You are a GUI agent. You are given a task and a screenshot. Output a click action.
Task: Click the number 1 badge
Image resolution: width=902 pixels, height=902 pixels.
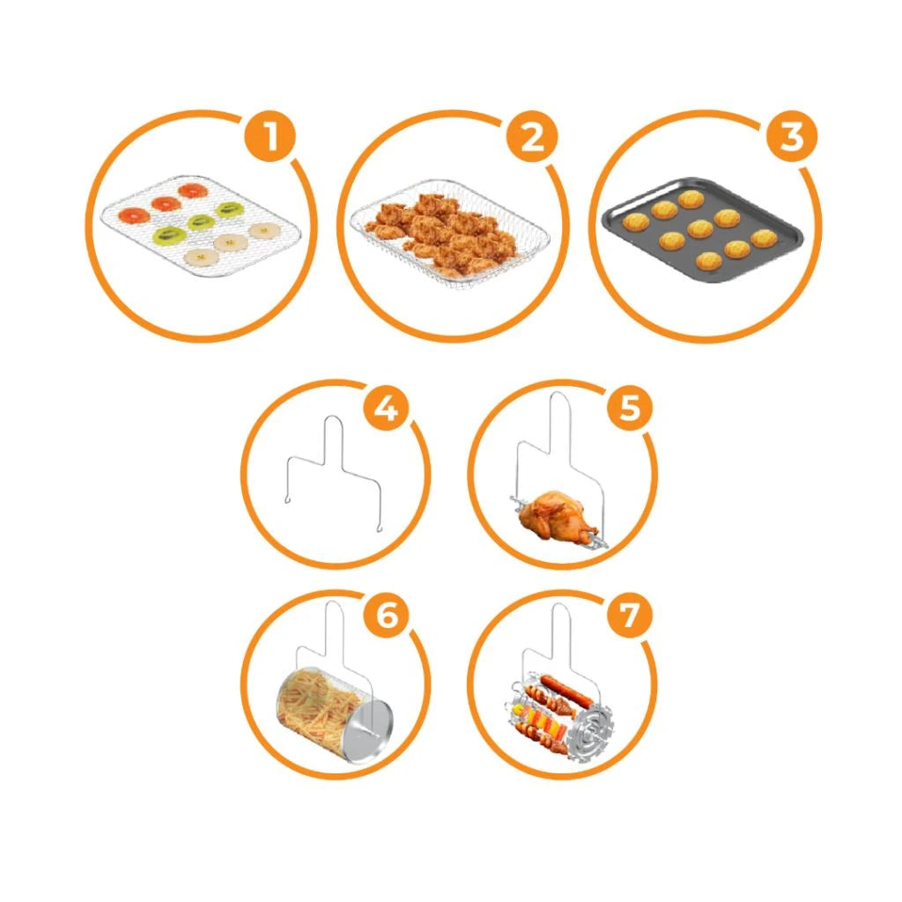pos(270,137)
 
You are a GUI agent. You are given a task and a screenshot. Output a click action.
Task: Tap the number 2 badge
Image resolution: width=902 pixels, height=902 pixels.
pos(532,137)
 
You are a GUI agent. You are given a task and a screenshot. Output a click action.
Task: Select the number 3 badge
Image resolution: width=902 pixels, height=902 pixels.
pos(792,137)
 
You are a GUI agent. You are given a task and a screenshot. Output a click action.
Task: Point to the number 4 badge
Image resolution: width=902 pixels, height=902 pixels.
pos(387,409)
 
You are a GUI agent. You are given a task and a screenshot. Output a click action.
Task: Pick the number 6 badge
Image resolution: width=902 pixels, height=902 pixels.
pos(387,616)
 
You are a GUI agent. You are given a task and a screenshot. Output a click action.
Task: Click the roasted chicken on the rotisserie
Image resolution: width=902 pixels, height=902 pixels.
pos(551,514)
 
